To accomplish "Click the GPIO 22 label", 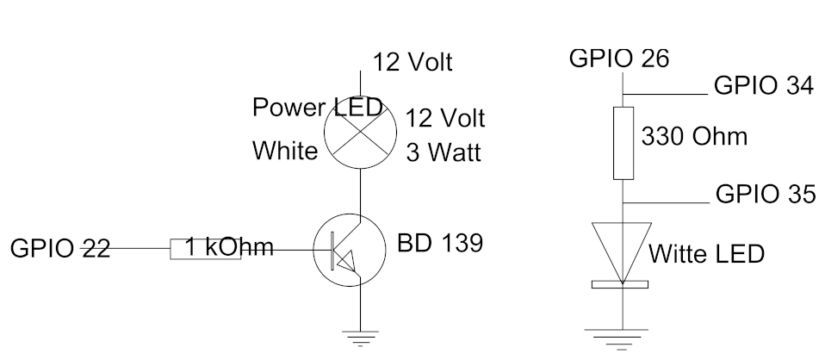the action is pyautogui.click(x=60, y=248).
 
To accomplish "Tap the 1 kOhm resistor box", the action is pyautogui.click(x=206, y=249).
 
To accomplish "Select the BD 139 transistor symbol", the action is pyautogui.click(x=350, y=250).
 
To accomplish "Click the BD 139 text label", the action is pyautogui.click(x=440, y=243).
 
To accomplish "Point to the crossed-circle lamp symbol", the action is pyautogui.click(x=360, y=132).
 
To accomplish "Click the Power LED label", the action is pyautogui.click(x=317, y=107).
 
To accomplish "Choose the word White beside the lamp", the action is pyautogui.click(x=285, y=151).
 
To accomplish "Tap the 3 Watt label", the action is pyautogui.click(x=444, y=152).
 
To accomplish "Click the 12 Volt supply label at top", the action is pyautogui.click(x=412, y=62).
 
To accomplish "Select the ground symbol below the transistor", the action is pyautogui.click(x=360, y=338).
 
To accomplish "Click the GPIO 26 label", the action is pyautogui.click(x=618, y=58).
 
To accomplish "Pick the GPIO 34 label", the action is pyautogui.click(x=764, y=85).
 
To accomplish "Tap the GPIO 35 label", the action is pyautogui.click(x=766, y=194).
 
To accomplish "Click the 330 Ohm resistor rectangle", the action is pyautogui.click(x=623, y=143).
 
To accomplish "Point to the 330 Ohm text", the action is pyautogui.click(x=694, y=136).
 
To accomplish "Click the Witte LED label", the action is pyautogui.click(x=706, y=254).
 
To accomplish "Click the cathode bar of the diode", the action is pyautogui.click(x=620, y=285).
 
